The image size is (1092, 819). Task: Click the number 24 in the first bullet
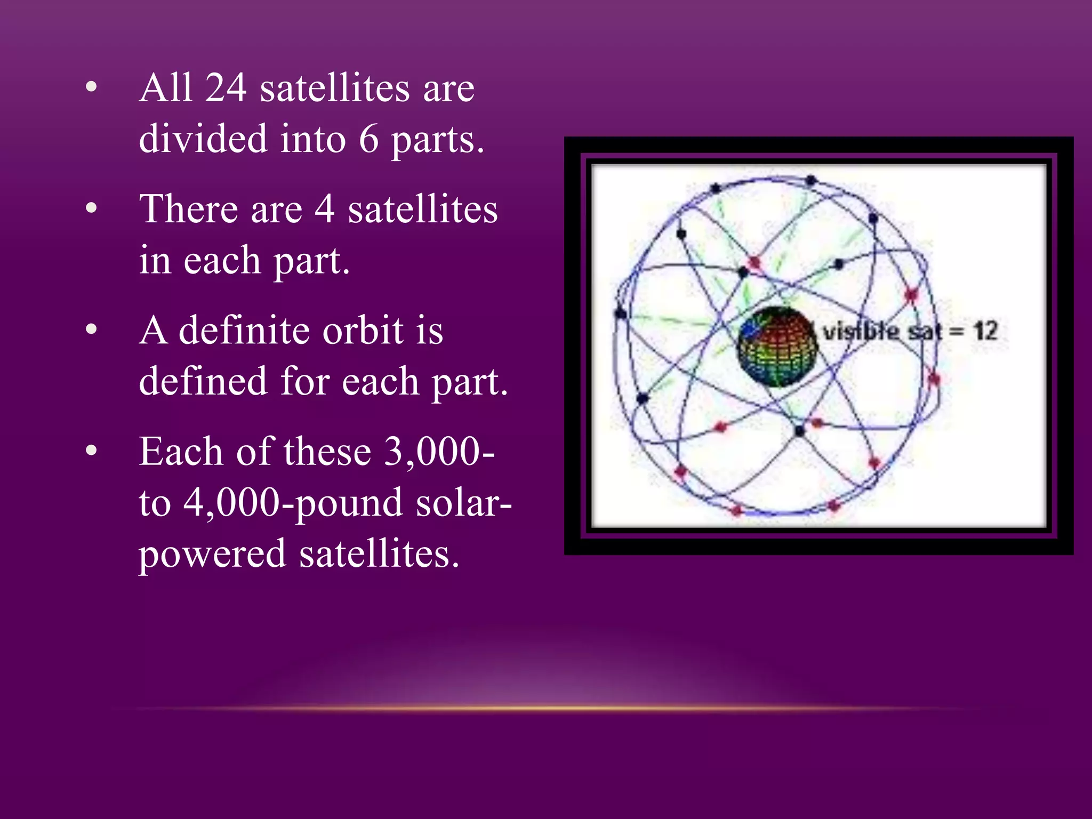click(226, 88)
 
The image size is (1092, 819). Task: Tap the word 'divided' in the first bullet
click(203, 139)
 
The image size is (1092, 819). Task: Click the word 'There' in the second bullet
click(188, 209)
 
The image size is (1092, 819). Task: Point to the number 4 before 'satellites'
click(325, 209)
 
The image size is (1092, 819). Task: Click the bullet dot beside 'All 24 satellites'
click(91, 87)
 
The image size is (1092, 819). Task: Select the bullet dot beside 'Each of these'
click(91, 451)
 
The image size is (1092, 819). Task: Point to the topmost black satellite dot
click(810, 180)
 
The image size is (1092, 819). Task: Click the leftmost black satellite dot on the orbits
click(620, 314)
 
